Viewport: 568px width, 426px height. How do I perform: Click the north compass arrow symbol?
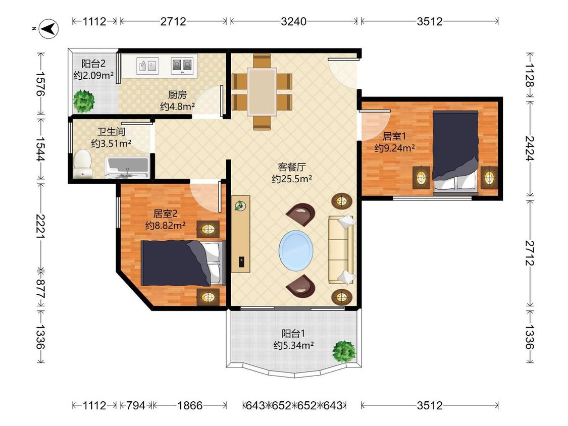point(48,29)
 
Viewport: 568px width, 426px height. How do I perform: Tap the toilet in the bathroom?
point(82,164)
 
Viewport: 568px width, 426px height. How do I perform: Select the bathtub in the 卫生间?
point(127,168)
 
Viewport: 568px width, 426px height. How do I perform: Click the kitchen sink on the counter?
point(147,66)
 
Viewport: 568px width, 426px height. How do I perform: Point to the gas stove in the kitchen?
point(182,66)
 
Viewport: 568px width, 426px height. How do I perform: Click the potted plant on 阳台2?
point(84,101)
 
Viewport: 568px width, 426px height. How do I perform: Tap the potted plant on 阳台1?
point(344,351)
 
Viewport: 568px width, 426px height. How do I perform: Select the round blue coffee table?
point(296,250)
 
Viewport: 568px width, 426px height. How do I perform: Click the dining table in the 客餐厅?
point(262,92)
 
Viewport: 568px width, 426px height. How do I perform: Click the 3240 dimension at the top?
point(294,21)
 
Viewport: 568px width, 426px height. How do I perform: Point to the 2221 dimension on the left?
point(40,227)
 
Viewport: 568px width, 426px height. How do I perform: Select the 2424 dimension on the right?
point(530,148)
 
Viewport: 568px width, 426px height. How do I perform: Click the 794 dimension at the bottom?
point(135,405)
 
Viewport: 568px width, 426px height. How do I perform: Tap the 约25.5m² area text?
point(292,179)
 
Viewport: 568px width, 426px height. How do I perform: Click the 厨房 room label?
point(178,95)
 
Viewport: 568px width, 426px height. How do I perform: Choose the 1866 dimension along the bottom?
point(190,405)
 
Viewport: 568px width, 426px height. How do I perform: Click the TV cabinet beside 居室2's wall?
point(240,234)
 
